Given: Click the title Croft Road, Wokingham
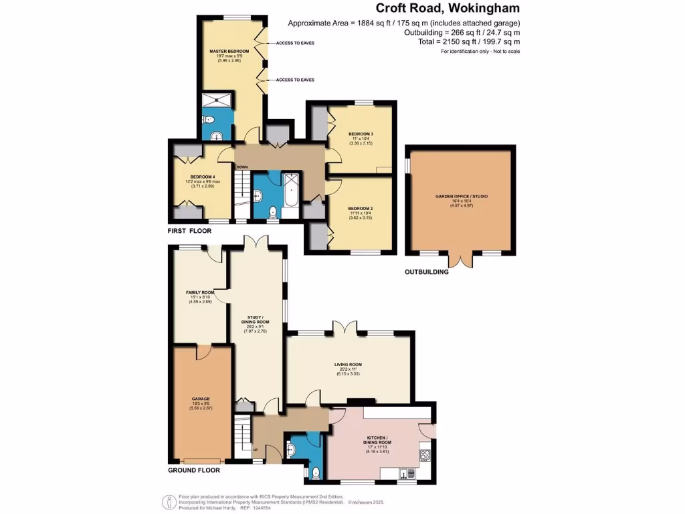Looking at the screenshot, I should [446, 9].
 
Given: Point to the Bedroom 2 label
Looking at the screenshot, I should [361, 209].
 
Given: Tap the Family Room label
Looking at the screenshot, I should [199, 292].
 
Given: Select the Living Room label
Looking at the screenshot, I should [349, 365].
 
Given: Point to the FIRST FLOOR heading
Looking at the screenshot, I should [189, 231].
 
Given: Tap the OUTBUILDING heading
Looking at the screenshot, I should [427, 272].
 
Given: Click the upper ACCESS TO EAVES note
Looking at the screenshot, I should [294, 43].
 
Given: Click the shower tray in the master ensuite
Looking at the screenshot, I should [218, 99].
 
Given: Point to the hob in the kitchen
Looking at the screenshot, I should [424, 456].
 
